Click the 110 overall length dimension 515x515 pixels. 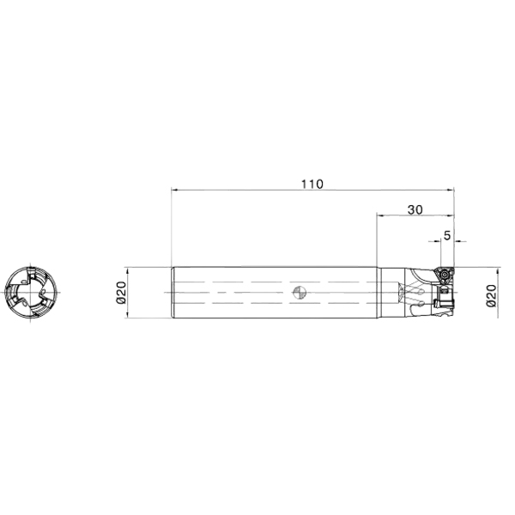(312, 185)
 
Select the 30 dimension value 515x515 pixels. (415, 209)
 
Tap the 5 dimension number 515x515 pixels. (447, 235)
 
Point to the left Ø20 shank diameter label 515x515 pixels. (121, 293)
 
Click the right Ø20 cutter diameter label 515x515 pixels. (491, 295)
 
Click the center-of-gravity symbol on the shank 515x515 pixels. (300, 293)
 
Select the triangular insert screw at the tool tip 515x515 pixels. (445, 274)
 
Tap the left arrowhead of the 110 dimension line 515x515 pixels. (174, 190)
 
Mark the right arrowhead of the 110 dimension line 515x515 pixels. (451, 190)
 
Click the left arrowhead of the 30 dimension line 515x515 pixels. (379, 215)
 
